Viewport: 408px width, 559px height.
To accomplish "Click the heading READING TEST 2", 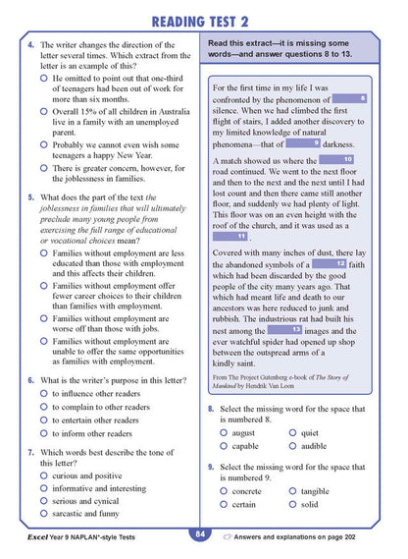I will [203, 20].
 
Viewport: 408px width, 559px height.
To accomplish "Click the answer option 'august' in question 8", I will [225, 432].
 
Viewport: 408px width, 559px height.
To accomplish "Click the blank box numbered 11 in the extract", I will [229, 237].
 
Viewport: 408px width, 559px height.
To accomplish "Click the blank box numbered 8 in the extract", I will [350, 99].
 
